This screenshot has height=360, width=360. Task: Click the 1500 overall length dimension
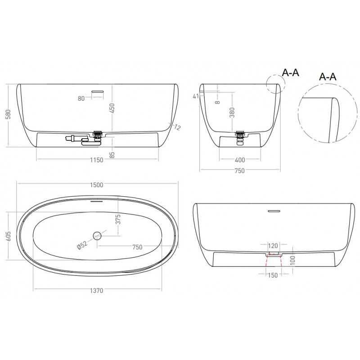pyautogui.click(x=97, y=185)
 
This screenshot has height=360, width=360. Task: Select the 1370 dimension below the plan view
pyautogui.click(x=96, y=291)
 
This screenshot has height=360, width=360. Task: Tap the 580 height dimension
pyautogui.click(x=8, y=115)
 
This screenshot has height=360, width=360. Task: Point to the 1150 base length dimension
pyautogui.click(x=97, y=160)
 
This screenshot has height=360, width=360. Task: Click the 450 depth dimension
pyautogui.click(x=112, y=108)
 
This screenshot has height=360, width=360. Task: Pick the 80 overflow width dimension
pyautogui.click(x=81, y=99)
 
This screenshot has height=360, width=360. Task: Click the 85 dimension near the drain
pyautogui.click(x=112, y=155)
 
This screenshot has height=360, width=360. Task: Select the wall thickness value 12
pyautogui.click(x=177, y=127)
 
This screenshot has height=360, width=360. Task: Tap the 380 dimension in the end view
pyautogui.click(x=232, y=112)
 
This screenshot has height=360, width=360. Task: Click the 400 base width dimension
pyautogui.click(x=240, y=160)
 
